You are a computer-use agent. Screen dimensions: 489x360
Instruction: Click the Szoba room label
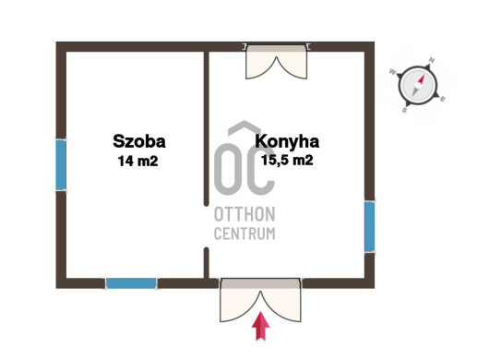pos(139,141)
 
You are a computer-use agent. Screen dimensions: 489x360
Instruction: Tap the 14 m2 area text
pos(137,161)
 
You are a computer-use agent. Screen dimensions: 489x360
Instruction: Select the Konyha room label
pos(287,141)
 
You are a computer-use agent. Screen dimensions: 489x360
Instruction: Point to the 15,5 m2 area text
pos(287,160)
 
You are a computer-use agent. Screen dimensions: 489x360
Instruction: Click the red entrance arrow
pos(261,327)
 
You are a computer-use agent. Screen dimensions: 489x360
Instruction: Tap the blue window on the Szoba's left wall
pos(61,165)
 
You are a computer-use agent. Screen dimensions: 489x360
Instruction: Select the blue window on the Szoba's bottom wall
pos(131,283)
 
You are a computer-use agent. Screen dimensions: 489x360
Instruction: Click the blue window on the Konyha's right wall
pos(370,226)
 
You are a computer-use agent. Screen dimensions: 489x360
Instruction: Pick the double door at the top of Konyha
pos(277,62)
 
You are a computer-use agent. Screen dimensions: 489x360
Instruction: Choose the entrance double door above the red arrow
pos(261,300)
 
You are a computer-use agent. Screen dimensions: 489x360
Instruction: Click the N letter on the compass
pos(432,60)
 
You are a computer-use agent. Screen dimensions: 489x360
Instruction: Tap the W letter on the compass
pos(392,72)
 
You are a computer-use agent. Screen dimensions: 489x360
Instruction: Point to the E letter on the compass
pos(443,100)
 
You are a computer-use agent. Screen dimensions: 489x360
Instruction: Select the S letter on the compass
pos(404,110)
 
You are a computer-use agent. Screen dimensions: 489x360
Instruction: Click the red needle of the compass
pos(420,79)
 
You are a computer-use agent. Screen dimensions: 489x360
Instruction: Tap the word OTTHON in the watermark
pos(244,214)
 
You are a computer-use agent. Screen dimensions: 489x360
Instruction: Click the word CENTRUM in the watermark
pos(244,234)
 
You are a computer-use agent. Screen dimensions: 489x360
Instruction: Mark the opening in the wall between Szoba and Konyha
pos(206,227)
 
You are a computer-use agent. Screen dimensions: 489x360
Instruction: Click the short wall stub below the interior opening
pos(206,263)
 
